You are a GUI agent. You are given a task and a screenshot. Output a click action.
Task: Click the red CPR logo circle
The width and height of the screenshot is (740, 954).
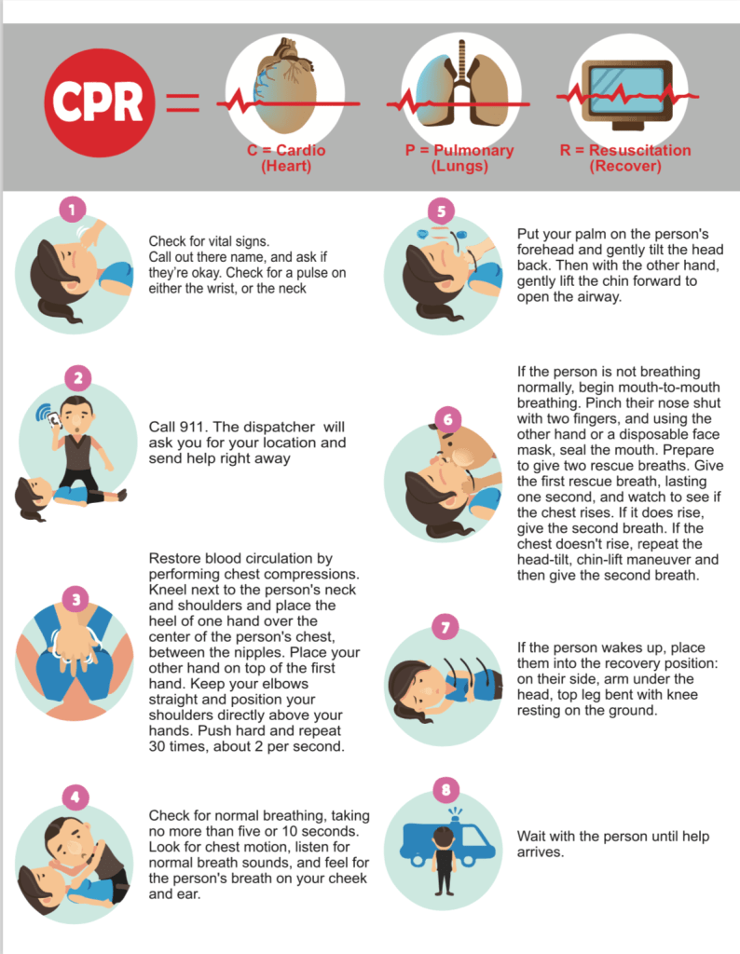(x=99, y=102)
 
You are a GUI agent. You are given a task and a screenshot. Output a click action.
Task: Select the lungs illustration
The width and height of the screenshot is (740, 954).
(x=460, y=84)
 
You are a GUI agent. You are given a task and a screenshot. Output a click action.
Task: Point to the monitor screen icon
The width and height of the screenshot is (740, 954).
(x=628, y=95)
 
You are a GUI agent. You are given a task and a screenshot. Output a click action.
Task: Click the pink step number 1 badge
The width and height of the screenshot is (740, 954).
(x=73, y=210)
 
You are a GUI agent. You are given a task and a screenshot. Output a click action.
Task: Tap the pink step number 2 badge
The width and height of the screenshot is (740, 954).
(x=78, y=378)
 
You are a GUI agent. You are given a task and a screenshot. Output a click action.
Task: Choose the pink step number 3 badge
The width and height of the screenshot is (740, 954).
(x=75, y=600)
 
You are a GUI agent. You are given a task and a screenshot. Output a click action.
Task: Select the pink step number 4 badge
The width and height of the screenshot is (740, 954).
(x=75, y=797)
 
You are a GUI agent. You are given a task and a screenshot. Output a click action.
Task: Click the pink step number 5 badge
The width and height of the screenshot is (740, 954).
(x=441, y=211)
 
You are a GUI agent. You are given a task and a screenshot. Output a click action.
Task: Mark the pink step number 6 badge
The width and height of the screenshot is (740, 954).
(x=448, y=420)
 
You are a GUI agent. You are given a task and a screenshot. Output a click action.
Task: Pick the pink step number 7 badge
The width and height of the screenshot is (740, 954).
(x=445, y=627)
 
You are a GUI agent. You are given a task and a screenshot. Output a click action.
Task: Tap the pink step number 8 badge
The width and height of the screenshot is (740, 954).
(x=446, y=790)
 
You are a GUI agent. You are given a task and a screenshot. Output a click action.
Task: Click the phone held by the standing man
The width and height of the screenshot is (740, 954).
(x=54, y=420)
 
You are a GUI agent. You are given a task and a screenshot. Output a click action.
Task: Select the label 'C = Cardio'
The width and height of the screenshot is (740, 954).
(x=286, y=150)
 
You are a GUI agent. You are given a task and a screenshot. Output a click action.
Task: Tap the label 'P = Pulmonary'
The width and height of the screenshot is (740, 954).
(x=459, y=150)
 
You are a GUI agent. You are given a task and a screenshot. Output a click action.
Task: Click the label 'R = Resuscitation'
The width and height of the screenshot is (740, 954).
(x=625, y=150)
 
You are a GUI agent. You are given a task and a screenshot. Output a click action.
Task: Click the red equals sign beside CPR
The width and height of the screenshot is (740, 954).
(x=183, y=102)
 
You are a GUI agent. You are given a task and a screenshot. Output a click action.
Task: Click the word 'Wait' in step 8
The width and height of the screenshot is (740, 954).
(x=530, y=837)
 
